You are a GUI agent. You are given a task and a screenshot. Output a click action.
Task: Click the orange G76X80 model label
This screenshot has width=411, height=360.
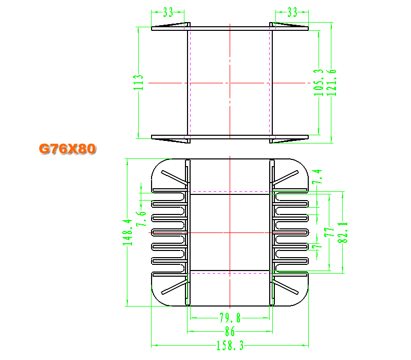(x=67, y=149)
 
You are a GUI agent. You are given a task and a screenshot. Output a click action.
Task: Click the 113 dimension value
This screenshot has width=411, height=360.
(x=138, y=82)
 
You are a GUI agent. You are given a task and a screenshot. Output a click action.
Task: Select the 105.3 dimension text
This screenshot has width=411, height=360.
(x=318, y=82)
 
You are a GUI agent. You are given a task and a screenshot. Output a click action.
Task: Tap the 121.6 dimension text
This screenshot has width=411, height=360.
(x=331, y=82)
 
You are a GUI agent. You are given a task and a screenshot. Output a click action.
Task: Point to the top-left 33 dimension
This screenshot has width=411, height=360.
(x=168, y=12)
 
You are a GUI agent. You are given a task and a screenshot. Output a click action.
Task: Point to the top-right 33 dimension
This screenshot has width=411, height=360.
(x=292, y=12)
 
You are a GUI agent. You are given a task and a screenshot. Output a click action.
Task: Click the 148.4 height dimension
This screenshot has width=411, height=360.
(x=127, y=232)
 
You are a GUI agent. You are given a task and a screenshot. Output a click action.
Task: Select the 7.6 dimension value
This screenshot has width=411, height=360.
(x=141, y=219)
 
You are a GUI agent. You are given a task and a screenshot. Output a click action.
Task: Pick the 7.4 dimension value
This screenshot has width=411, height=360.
(x=317, y=176)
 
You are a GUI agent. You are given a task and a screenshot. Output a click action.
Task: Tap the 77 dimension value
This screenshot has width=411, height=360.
(x=329, y=232)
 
